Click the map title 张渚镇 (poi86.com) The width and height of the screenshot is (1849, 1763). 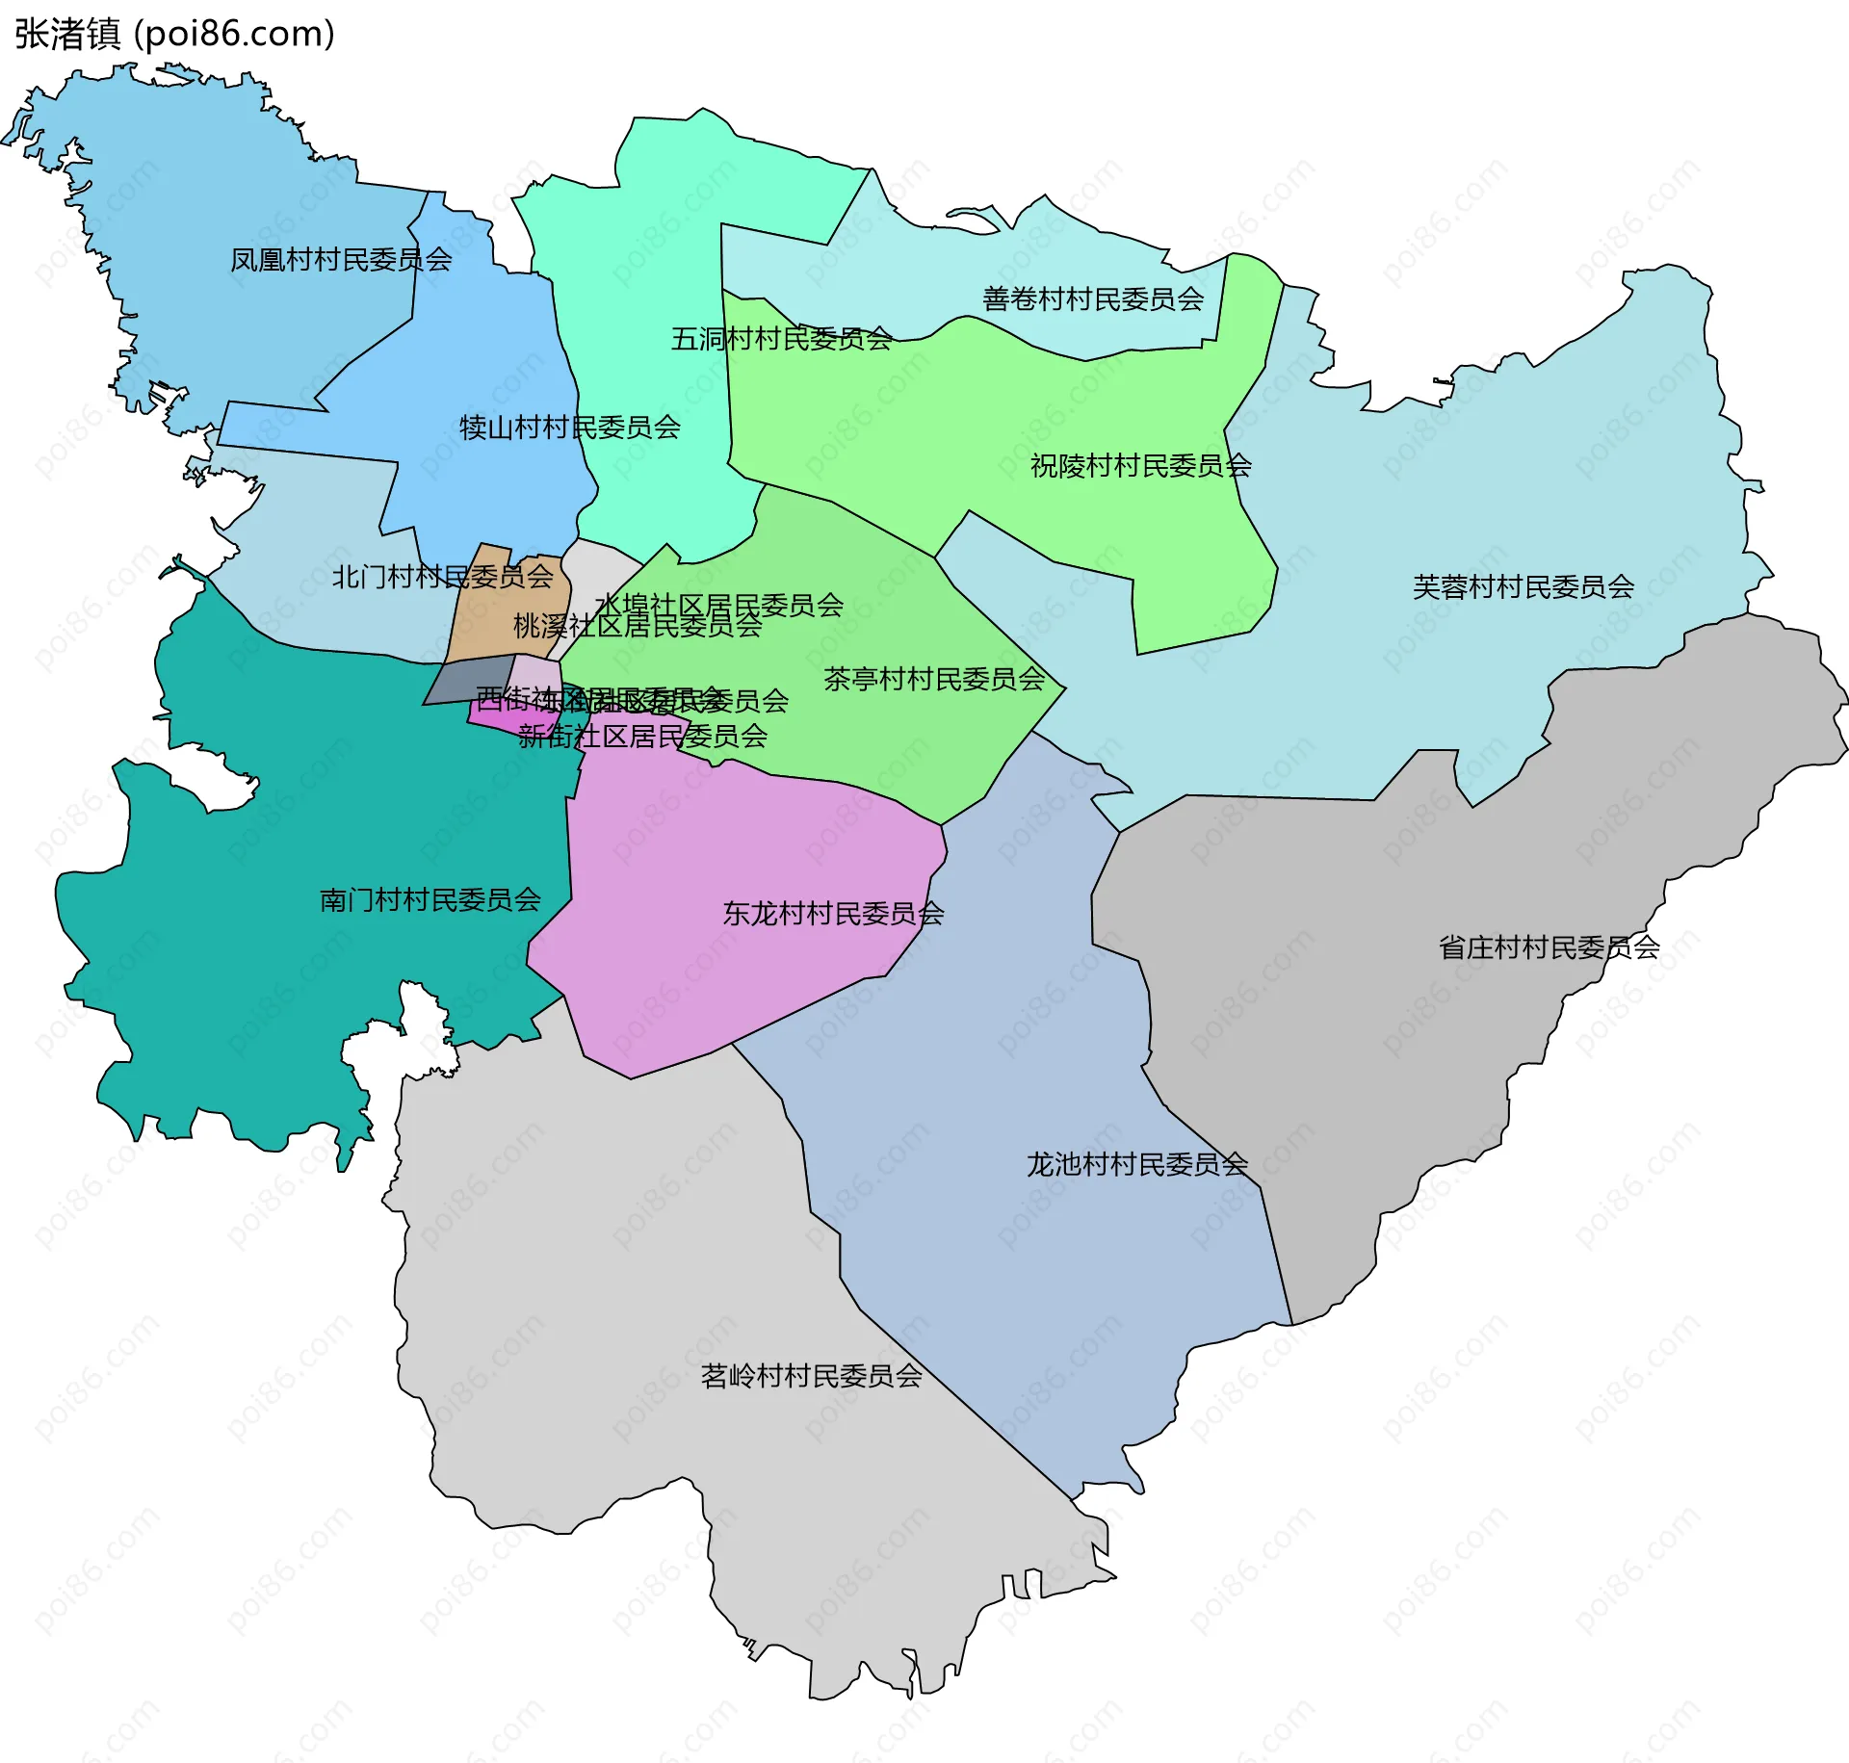(174, 34)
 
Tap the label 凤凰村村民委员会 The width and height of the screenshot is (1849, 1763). (341, 260)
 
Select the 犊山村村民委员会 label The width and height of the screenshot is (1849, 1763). (569, 428)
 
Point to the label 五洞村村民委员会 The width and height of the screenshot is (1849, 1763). (781, 339)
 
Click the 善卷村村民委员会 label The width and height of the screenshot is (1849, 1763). (1093, 299)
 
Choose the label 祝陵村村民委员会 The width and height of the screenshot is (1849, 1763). (1140, 466)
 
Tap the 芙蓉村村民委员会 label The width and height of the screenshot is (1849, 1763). (1523, 586)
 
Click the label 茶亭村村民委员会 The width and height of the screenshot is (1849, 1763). (934, 679)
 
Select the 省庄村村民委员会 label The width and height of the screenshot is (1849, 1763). (1549, 947)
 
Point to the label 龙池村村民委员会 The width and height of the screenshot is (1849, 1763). (1136, 1164)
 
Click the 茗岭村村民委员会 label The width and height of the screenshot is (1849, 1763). (811, 1376)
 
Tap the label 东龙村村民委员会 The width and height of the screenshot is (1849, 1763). (833, 914)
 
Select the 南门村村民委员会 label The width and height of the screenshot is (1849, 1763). (430, 900)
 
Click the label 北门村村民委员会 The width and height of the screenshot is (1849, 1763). (442, 577)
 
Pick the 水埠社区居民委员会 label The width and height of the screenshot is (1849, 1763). (718, 606)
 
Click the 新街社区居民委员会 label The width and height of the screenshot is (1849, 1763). (642, 737)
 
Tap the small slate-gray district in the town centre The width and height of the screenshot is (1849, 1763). (470, 681)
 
